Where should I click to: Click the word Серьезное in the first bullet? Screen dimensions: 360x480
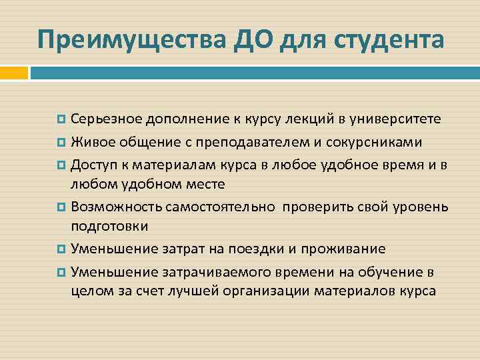coord(107,119)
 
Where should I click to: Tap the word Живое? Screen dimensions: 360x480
coord(92,141)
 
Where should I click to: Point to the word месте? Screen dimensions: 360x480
coord(205,183)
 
